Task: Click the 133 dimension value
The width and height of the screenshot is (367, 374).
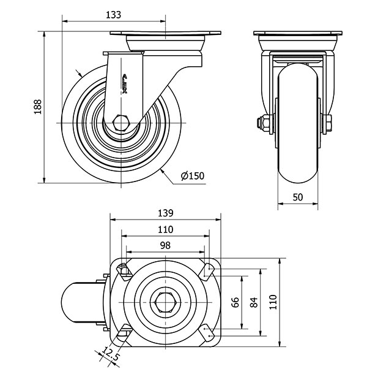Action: click(x=113, y=15)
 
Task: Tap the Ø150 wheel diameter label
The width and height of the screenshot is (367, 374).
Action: click(x=192, y=176)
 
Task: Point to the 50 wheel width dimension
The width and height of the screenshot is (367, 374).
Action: click(x=298, y=197)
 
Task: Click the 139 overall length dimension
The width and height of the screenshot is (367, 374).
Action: click(x=164, y=213)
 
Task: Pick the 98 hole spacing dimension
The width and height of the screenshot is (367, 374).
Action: click(x=164, y=245)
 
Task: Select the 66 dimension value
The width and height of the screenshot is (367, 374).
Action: click(x=234, y=302)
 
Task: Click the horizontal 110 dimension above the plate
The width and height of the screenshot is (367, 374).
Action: click(x=164, y=229)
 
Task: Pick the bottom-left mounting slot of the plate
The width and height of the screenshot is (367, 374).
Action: click(x=122, y=334)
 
